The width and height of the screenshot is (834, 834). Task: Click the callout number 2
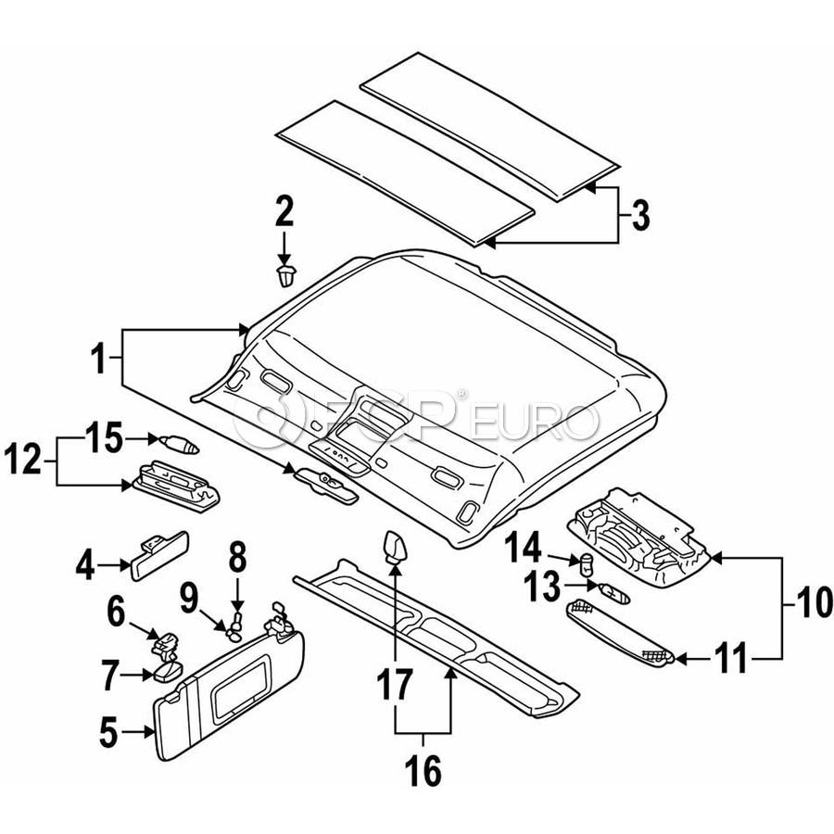(x=284, y=211)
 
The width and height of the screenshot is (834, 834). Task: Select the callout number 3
(x=639, y=215)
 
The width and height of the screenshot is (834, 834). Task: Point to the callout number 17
(x=394, y=684)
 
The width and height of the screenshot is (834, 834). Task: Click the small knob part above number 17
(x=394, y=549)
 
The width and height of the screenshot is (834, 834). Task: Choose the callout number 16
(x=423, y=770)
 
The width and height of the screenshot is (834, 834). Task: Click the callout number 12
(x=22, y=460)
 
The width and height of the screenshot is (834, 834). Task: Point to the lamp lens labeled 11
(x=621, y=632)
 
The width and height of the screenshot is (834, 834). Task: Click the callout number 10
(x=811, y=602)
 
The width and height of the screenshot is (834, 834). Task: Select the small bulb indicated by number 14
(x=587, y=563)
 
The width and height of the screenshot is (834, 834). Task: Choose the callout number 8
(x=237, y=558)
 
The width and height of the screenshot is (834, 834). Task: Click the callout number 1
(x=99, y=359)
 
